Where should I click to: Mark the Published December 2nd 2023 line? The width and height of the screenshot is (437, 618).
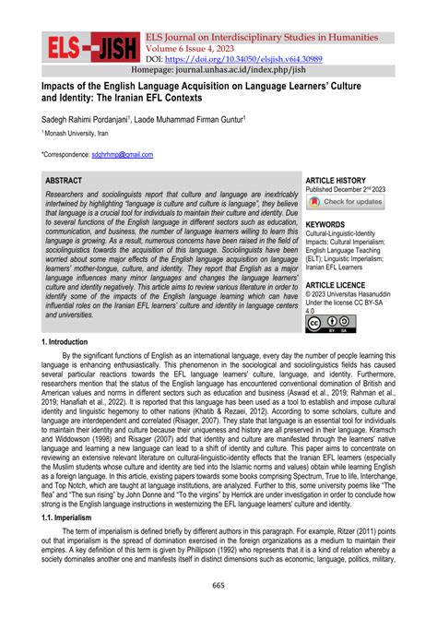pos(358,189)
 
